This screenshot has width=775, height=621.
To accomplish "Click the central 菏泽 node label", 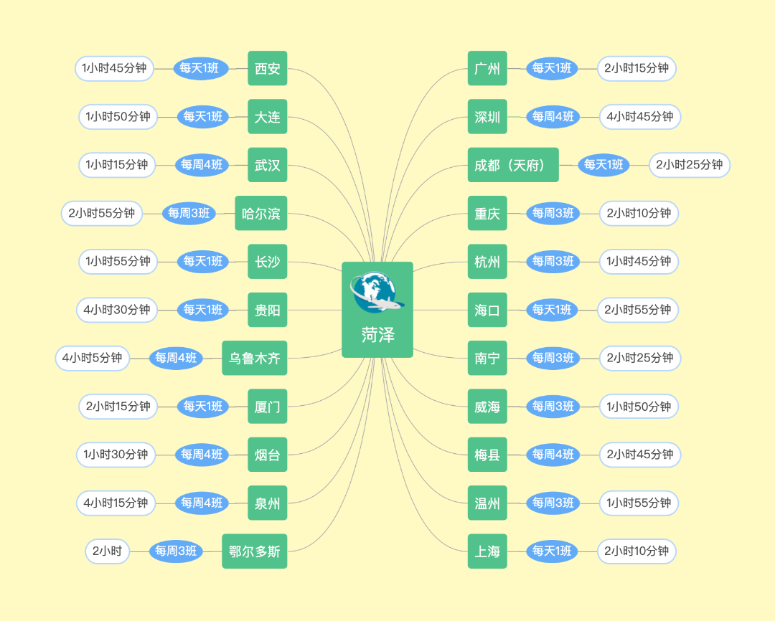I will [x=377, y=335].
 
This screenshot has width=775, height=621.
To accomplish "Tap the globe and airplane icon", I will [x=375, y=293].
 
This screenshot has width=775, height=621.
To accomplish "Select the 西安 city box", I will [x=268, y=69].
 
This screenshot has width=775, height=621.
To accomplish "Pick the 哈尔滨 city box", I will [x=261, y=213].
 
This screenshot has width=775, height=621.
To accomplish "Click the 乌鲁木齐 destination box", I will [x=255, y=358].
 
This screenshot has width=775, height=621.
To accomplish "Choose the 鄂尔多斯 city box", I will [x=255, y=551].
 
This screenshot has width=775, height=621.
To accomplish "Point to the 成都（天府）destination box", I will [x=513, y=165].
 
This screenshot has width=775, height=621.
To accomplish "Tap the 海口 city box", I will [x=487, y=310].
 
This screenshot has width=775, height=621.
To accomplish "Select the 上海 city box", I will [x=487, y=551].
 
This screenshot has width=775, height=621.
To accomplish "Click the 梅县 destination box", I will [x=487, y=455].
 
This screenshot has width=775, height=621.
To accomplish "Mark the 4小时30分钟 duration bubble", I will [x=116, y=310].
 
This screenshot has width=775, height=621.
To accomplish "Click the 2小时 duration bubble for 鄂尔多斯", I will [x=108, y=551].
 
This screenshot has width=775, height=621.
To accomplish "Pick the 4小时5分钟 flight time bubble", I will [x=93, y=358].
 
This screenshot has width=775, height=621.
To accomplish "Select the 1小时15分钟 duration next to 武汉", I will [x=117, y=165].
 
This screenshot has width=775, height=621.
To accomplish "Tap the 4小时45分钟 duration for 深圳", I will [x=640, y=117].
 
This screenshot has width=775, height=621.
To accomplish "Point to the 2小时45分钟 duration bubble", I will [x=640, y=455].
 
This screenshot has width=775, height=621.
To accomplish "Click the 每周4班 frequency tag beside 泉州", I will [x=202, y=503].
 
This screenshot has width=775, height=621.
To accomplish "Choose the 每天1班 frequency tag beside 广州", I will [x=552, y=69].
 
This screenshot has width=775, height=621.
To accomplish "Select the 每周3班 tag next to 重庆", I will [x=553, y=213].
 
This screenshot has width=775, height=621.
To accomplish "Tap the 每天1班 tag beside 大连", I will [x=203, y=117].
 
